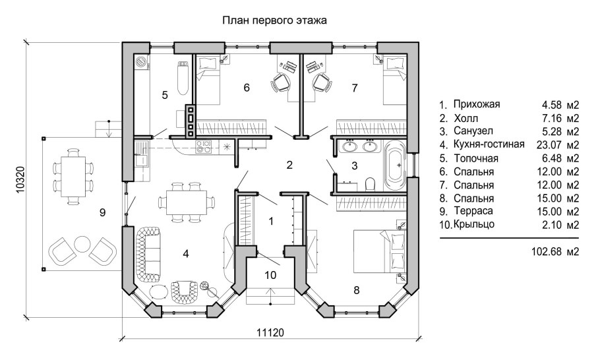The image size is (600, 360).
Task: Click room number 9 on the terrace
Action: (102, 212)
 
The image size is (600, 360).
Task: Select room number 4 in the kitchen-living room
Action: (187, 253)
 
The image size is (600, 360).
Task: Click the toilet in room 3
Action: (371, 183)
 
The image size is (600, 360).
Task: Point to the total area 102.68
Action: (545, 251)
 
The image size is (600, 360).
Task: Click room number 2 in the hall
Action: (288, 165)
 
